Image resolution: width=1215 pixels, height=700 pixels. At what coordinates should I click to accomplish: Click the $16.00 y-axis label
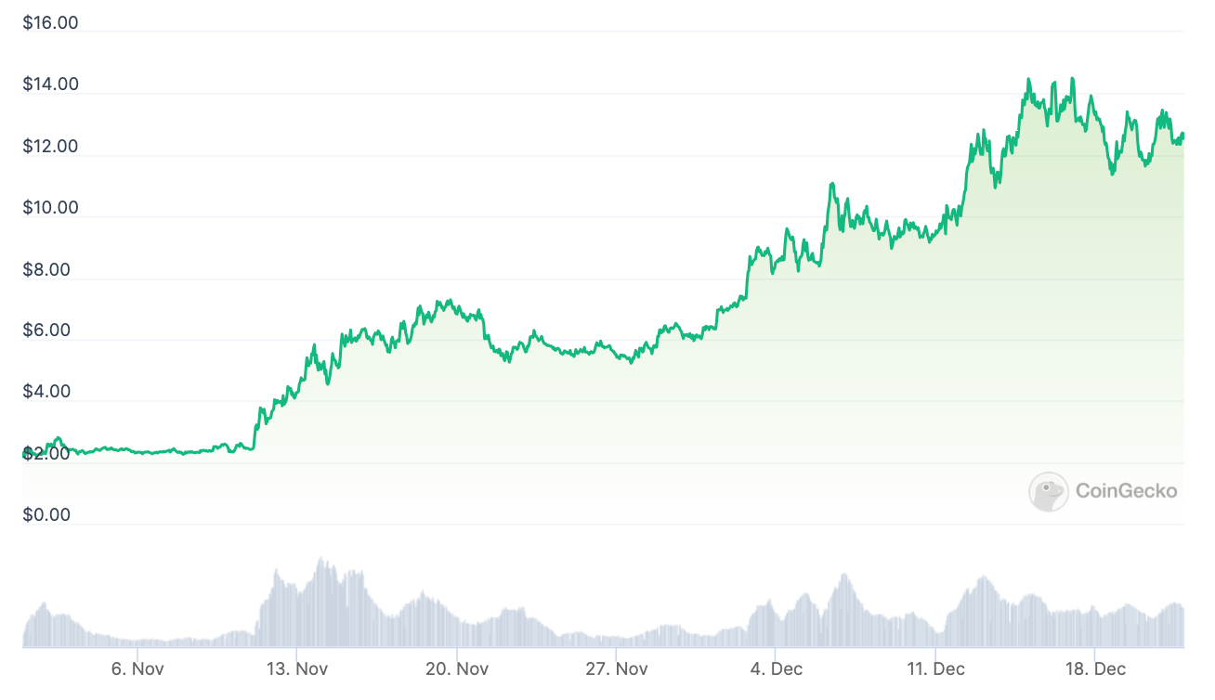50,23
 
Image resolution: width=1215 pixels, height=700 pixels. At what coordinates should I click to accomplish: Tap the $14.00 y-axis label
50,84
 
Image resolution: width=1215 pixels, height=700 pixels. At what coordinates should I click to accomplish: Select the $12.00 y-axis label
50,147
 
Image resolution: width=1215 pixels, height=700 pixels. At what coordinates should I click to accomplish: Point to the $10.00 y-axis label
50,207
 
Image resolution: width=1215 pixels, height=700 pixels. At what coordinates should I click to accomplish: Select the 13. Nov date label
297,669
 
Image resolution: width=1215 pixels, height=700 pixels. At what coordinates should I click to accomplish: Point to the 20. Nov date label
457,669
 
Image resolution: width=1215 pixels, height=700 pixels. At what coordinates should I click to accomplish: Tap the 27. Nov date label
617,669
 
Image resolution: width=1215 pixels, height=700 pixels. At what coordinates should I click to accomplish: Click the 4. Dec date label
776,669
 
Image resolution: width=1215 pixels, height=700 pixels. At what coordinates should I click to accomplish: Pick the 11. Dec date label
935,669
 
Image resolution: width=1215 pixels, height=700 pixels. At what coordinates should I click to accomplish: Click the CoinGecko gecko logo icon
1048,491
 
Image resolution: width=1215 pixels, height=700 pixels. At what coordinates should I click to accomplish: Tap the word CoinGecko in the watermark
1126,491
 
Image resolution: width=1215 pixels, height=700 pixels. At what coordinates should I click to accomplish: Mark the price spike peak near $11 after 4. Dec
832,184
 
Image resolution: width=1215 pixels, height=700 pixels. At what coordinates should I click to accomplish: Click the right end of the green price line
1183,136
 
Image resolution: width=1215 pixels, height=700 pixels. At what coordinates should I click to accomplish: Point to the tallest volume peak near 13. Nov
321,559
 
